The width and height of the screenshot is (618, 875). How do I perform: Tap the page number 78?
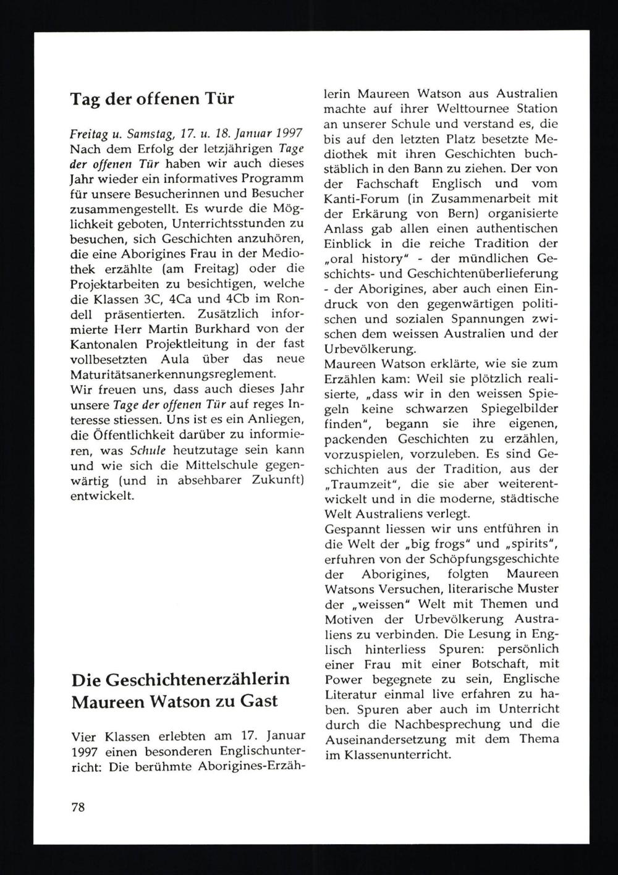coord(78,807)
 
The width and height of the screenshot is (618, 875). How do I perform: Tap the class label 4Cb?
coord(237,298)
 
